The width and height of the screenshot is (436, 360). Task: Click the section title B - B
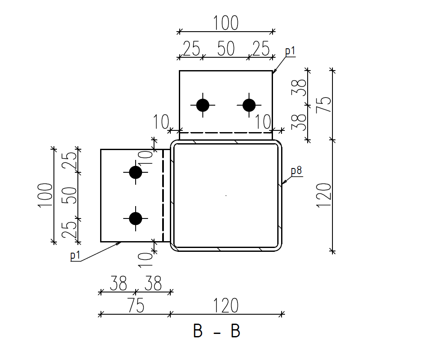click(x=217, y=331)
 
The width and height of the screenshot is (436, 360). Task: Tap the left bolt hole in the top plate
click(x=202, y=105)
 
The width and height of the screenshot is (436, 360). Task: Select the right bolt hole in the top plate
click(x=249, y=105)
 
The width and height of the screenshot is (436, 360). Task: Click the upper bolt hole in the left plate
click(x=136, y=172)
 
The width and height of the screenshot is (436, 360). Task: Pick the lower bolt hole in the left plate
click(x=136, y=218)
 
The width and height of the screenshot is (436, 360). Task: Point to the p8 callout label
click(x=297, y=171)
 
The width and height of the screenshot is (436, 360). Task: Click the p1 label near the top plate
click(x=290, y=51)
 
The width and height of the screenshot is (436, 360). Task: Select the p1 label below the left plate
click(x=75, y=256)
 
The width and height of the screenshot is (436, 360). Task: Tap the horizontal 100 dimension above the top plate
click(x=226, y=23)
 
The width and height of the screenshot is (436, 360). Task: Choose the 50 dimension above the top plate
click(x=226, y=49)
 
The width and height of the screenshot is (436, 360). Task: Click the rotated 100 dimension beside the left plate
click(x=45, y=195)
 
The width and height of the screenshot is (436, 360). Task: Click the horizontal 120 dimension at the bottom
click(x=226, y=306)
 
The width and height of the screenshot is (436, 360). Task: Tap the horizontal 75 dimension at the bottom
click(x=135, y=306)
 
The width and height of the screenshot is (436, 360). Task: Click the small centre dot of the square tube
click(x=226, y=196)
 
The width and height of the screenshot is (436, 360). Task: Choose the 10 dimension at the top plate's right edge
click(x=264, y=122)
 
